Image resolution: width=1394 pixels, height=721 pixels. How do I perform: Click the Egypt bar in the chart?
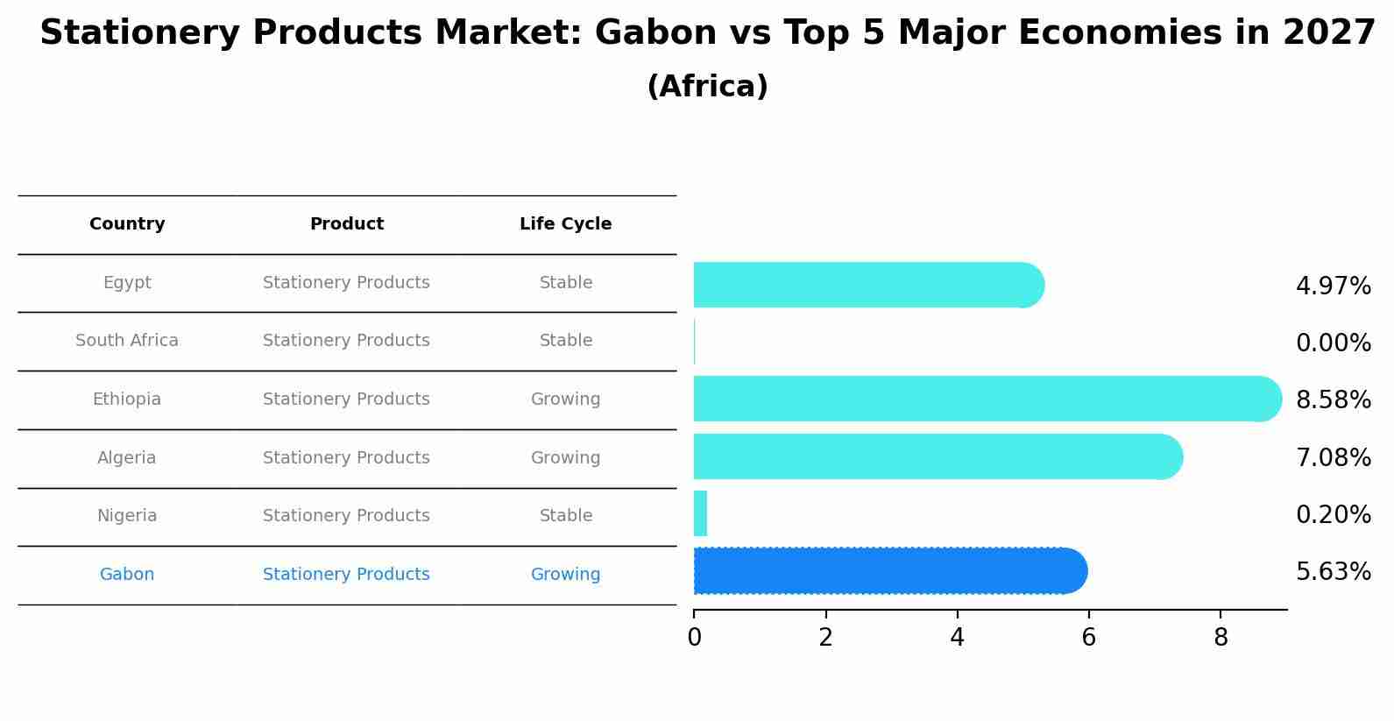tap(869, 285)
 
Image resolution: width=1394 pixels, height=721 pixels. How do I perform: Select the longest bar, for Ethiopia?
tap(987, 399)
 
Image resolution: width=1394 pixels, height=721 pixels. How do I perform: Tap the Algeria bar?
tap(938, 456)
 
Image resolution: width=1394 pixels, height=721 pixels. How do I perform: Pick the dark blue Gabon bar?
tap(890, 571)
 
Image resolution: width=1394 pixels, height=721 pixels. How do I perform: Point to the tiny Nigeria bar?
tap(700, 513)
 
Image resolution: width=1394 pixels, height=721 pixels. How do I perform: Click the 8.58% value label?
tap(1333, 399)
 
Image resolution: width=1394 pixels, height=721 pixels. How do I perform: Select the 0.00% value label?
tap(1333, 343)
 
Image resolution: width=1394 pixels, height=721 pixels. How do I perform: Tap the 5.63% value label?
tap(1333, 572)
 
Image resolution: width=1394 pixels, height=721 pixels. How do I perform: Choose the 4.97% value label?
tap(1333, 286)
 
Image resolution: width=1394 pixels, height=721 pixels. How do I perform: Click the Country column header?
tap(127, 224)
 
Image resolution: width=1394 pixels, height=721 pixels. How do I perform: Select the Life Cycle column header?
tap(566, 224)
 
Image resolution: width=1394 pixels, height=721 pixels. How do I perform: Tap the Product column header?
tap(347, 224)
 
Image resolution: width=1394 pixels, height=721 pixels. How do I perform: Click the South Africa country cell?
tap(127, 340)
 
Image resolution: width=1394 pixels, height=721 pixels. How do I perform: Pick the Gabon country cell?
tap(127, 574)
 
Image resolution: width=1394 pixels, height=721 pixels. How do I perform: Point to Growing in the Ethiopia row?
tap(566, 399)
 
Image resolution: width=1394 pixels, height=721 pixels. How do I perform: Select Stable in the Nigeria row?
tap(566, 516)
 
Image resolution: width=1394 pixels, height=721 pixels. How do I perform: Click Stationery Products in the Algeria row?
tap(346, 458)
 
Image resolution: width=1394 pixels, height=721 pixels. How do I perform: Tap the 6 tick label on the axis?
tap(1088, 637)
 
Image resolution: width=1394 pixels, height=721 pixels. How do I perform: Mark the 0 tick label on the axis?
tap(695, 637)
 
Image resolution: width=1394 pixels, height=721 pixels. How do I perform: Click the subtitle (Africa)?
tap(708, 86)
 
